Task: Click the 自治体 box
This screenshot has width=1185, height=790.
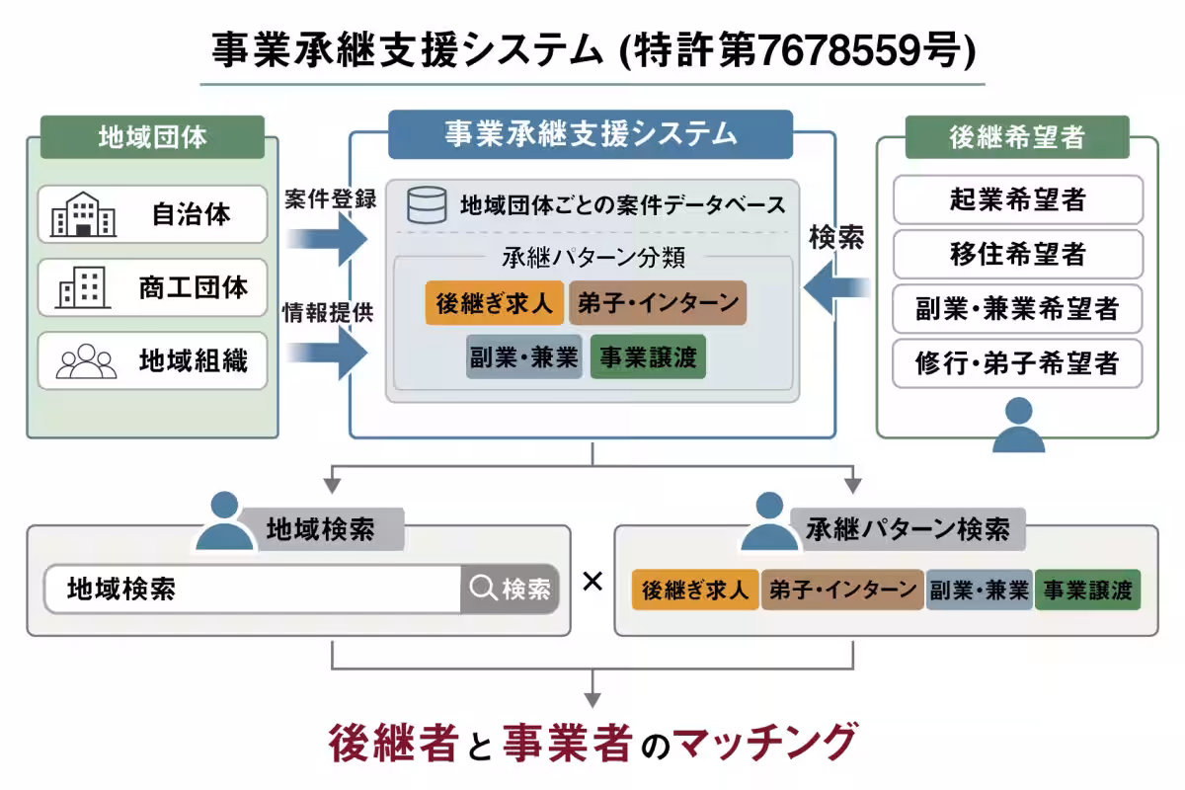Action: [153, 214]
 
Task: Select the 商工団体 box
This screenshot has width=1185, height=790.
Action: [153, 287]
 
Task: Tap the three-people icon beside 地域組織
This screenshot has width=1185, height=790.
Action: [86, 360]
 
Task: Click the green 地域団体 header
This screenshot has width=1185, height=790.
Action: [152, 136]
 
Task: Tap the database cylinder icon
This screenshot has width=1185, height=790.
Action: [427, 204]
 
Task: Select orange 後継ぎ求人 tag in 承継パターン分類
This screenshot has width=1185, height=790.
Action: [495, 303]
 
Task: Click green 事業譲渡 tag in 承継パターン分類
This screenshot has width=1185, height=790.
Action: [648, 357]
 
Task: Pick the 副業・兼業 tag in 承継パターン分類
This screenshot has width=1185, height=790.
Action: [523, 357]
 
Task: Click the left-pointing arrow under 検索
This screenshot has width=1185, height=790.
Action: [837, 288]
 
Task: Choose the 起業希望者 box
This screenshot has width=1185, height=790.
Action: [1017, 199]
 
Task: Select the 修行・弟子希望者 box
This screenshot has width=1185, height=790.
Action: [1017, 363]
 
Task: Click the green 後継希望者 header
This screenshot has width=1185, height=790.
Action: [1017, 137]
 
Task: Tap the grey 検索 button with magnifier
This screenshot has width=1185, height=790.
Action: [510, 590]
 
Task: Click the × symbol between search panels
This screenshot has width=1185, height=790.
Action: [592, 581]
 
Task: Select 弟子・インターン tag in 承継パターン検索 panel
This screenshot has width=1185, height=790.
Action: [842, 591]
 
